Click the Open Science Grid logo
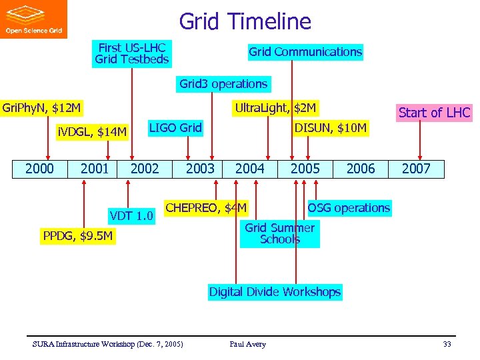[x=33, y=19]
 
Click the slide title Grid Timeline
[x=245, y=21]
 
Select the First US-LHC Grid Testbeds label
[x=132, y=53]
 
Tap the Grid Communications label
[x=305, y=52]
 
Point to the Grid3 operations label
[x=223, y=84]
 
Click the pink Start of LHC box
[x=434, y=113]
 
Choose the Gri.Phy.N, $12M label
[x=42, y=107]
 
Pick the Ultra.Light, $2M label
[x=275, y=107]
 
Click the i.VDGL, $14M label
[x=91, y=132]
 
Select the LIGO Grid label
[x=175, y=127]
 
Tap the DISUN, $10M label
[x=331, y=128]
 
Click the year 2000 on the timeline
[x=39, y=169]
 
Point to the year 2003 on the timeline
[x=200, y=169]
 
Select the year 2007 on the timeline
[x=416, y=169]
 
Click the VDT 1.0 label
[x=131, y=215]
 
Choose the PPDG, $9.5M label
[x=77, y=235]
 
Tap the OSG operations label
[x=349, y=208]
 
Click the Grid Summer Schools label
[x=279, y=233]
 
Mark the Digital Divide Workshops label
[x=275, y=292]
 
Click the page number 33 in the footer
[x=447, y=344]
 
